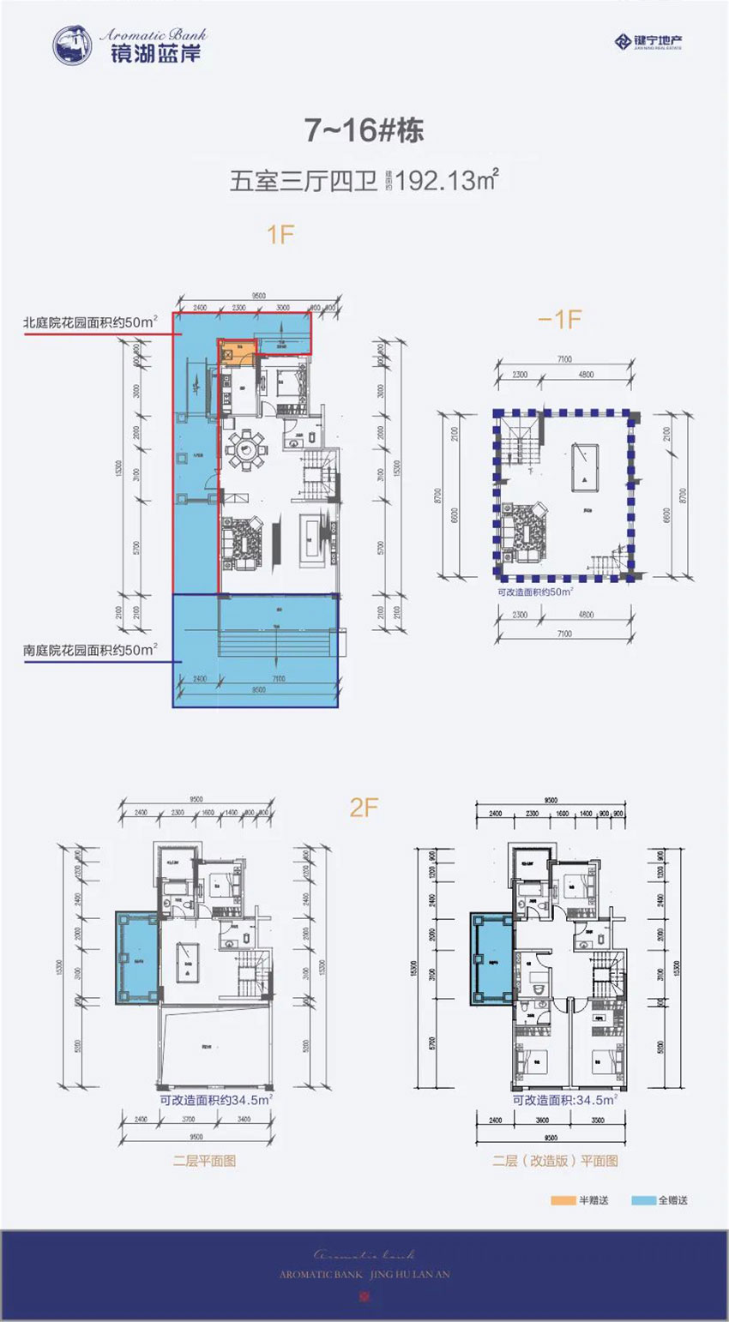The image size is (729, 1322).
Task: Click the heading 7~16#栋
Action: coord(364,130)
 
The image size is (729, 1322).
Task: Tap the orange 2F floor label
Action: coord(364,808)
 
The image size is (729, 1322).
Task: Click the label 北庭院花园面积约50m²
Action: coord(90,323)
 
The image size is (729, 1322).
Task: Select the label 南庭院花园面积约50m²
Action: coord(90,651)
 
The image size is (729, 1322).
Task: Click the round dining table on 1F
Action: coord(247,446)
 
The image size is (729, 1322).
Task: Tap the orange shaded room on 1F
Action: coord(231,351)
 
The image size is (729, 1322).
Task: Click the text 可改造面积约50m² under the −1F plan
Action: coord(535,592)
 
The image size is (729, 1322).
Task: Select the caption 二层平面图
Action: coord(204,1162)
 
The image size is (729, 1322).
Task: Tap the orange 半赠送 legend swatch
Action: coord(562,1200)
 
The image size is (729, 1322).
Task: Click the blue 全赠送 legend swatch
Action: coord(643,1200)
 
